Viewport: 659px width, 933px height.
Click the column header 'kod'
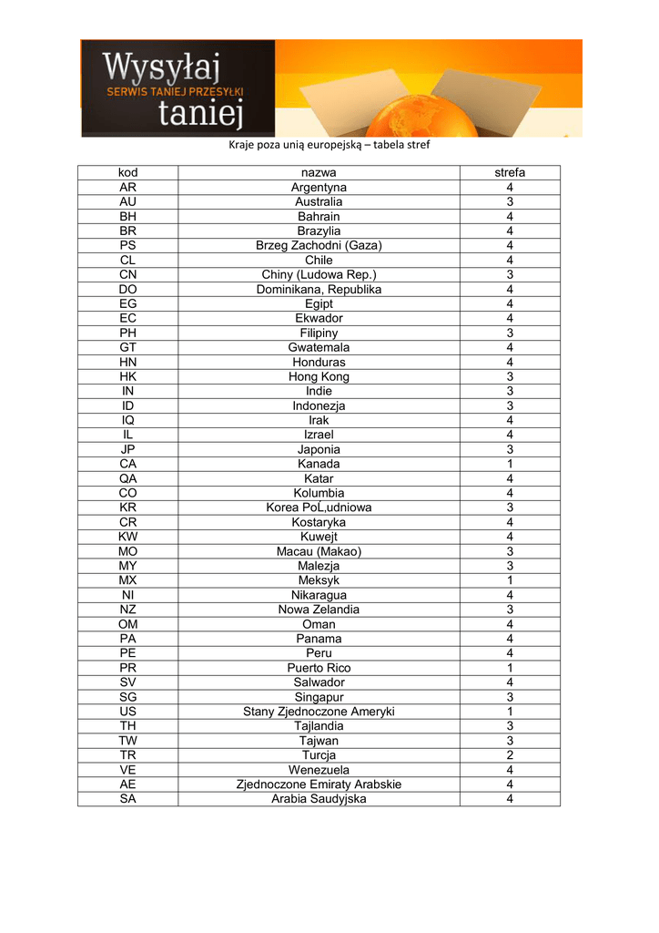point(127,172)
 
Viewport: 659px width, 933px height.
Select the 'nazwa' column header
point(319,172)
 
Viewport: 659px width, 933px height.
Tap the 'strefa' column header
point(510,172)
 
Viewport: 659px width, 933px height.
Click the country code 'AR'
point(127,187)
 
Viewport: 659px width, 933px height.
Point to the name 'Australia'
point(319,201)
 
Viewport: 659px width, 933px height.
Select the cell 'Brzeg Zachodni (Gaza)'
point(319,245)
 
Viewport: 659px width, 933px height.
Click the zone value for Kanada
point(510,464)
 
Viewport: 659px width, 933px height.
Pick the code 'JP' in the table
point(127,449)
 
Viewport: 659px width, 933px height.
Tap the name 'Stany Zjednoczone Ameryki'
point(319,712)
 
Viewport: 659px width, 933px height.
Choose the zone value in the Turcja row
point(510,755)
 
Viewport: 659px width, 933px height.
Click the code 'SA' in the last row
point(127,799)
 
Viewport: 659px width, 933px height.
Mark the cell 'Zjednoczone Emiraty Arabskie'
point(319,784)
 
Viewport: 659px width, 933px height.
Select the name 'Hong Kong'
point(319,376)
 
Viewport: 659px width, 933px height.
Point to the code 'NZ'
point(127,610)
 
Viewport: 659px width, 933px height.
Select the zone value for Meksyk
point(510,580)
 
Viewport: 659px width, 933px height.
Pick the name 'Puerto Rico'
point(319,668)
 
